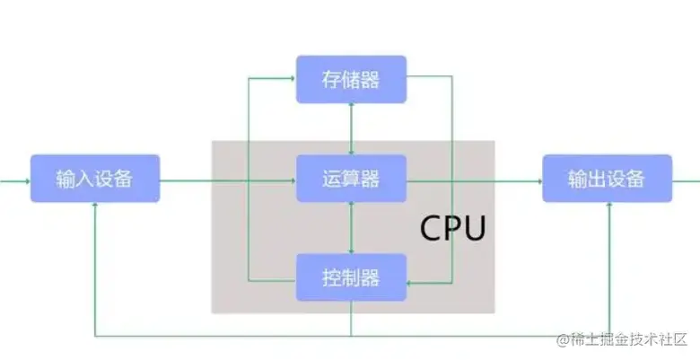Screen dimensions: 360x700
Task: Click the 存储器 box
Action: [x=351, y=80]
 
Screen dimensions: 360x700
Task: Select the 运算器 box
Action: [x=351, y=179]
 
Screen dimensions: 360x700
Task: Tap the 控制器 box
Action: [x=351, y=277]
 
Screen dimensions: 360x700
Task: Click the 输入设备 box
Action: [x=94, y=178]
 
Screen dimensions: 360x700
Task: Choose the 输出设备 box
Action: [x=607, y=178]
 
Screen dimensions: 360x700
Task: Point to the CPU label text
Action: [x=453, y=229]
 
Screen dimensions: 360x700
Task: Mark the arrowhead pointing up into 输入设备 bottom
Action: [x=94, y=206]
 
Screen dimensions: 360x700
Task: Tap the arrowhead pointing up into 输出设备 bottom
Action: [x=609, y=206]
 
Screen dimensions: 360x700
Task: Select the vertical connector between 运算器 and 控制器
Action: [x=351, y=227]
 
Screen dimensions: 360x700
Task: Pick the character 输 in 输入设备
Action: [x=65, y=178]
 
